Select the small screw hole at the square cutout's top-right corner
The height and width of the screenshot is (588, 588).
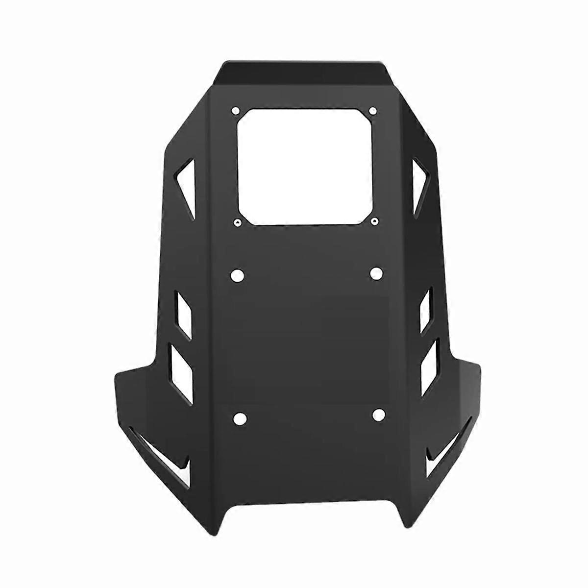(x=372, y=110)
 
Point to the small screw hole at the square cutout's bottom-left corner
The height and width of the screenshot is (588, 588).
(x=237, y=223)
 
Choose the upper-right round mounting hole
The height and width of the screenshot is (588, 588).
(x=376, y=273)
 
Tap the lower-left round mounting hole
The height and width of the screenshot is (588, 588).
(x=240, y=418)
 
